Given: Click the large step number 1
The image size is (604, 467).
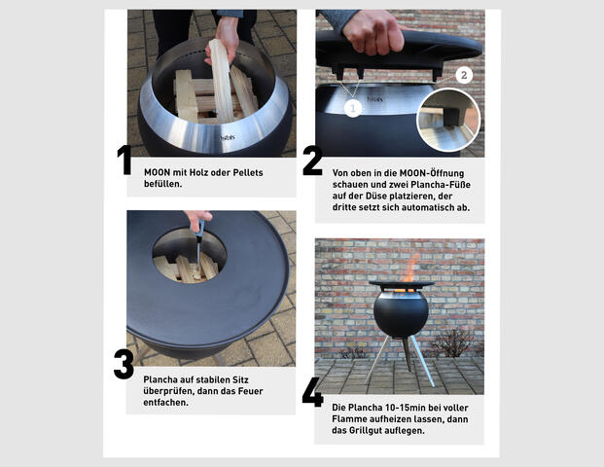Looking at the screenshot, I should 124,161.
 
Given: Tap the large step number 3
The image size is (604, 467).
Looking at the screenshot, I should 124,364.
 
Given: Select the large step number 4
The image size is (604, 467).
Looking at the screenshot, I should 312,390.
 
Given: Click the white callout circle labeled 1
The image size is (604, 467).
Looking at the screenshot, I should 353,109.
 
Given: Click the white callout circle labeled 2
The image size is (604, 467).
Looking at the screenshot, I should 463,75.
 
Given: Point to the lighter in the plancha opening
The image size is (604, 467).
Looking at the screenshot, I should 197,243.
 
